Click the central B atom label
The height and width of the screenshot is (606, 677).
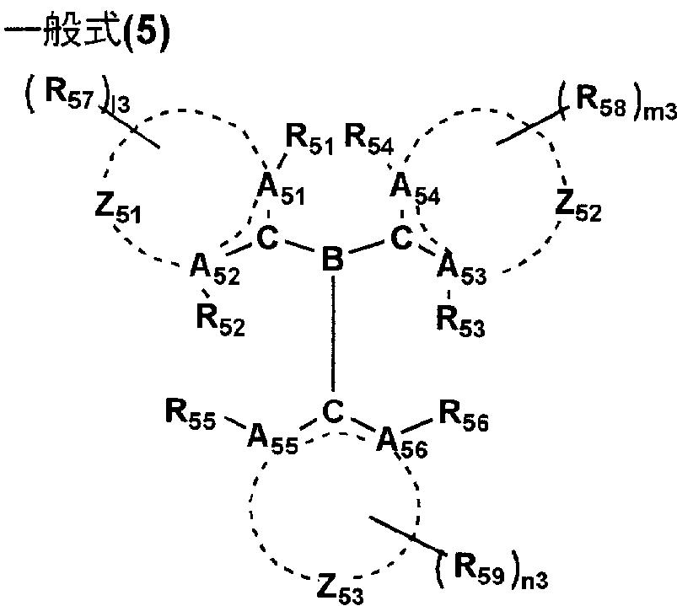pyautogui.click(x=334, y=259)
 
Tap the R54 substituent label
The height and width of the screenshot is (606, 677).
pyautogui.click(x=369, y=138)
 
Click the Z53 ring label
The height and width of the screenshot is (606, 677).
pyautogui.click(x=339, y=586)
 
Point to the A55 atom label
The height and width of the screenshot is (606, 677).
pyautogui.click(x=272, y=439)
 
